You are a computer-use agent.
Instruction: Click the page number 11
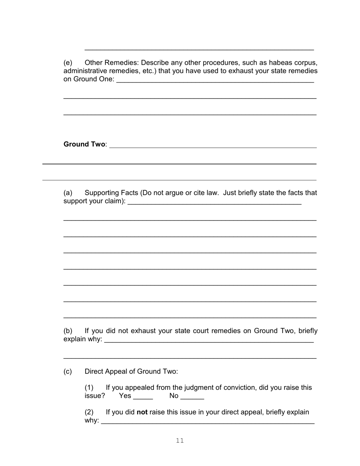pyautogui.click(x=180, y=440)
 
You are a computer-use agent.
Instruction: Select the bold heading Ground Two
pyautogui.click(x=85, y=144)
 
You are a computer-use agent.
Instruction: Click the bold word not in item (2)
pyautogui.click(x=142, y=412)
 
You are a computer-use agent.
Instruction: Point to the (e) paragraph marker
pyautogui.click(x=68, y=63)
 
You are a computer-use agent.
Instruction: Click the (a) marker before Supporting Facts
pyautogui.click(x=68, y=193)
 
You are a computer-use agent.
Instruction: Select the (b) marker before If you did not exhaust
pyautogui.click(x=68, y=331)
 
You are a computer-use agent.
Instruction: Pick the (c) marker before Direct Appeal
pyautogui.click(x=68, y=372)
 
